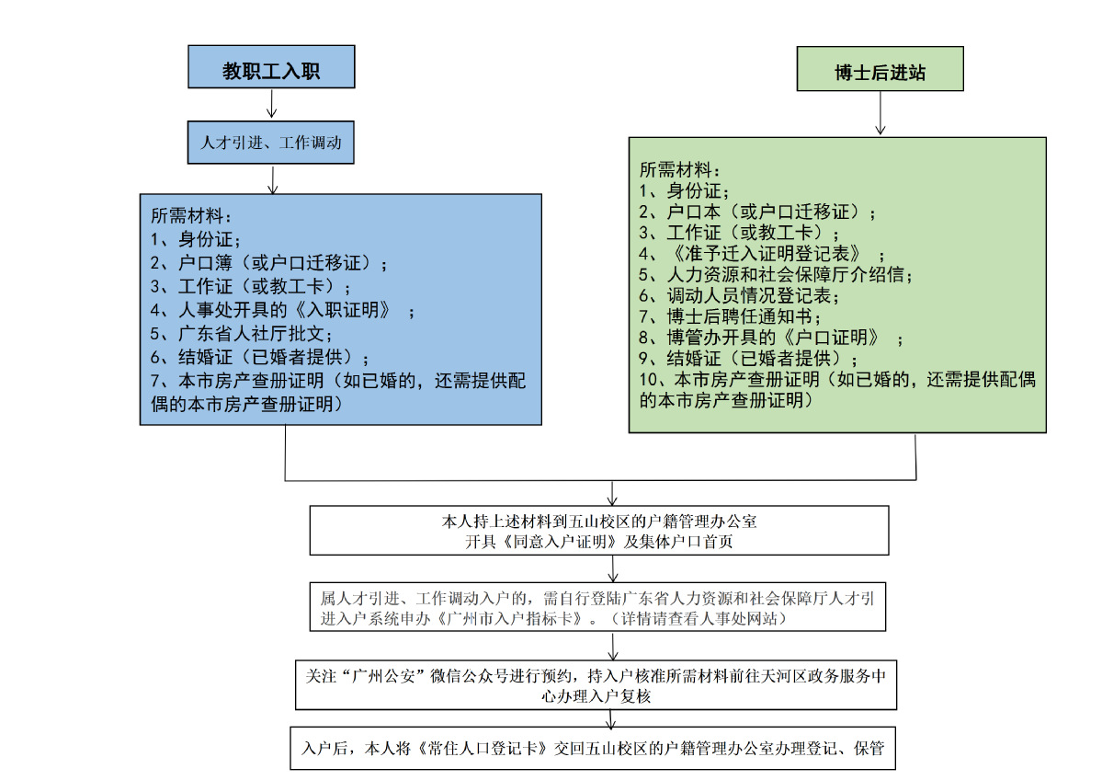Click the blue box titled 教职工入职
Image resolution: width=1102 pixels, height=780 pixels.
271,67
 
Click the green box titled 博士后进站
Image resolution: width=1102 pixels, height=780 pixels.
880,70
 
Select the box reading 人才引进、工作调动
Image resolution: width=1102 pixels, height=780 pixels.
271,143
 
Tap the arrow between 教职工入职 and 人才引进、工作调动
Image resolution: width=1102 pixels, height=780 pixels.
271,106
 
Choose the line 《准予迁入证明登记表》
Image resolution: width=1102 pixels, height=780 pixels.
763,252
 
